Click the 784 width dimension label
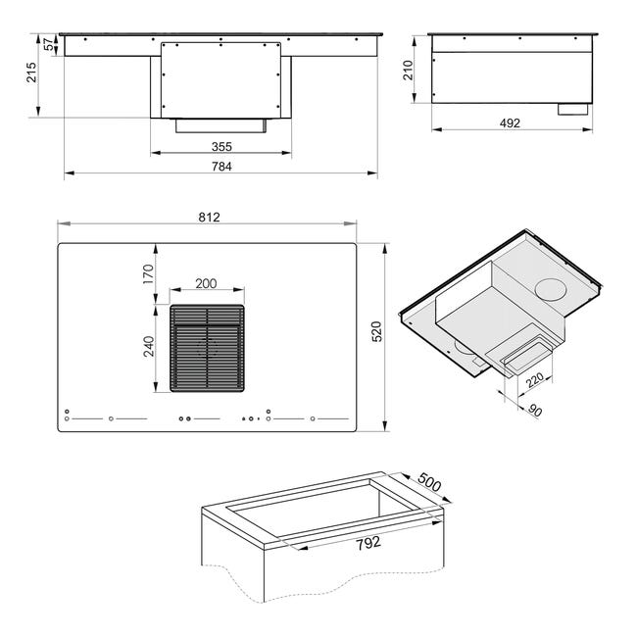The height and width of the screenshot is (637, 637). click(x=221, y=167)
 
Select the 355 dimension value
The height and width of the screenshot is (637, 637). click(x=221, y=147)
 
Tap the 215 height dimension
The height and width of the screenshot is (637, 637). click(x=31, y=73)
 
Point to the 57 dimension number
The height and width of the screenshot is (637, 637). click(x=49, y=44)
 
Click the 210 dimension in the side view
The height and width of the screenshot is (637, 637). click(x=408, y=70)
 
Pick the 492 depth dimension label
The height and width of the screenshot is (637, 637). click(x=510, y=123)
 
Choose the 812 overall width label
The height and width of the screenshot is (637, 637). click(x=209, y=218)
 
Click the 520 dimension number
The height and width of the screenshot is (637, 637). click(x=377, y=331)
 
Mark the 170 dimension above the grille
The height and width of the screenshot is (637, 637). click(x=148, y=274)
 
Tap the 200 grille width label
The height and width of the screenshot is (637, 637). click(x=206, y=283)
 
